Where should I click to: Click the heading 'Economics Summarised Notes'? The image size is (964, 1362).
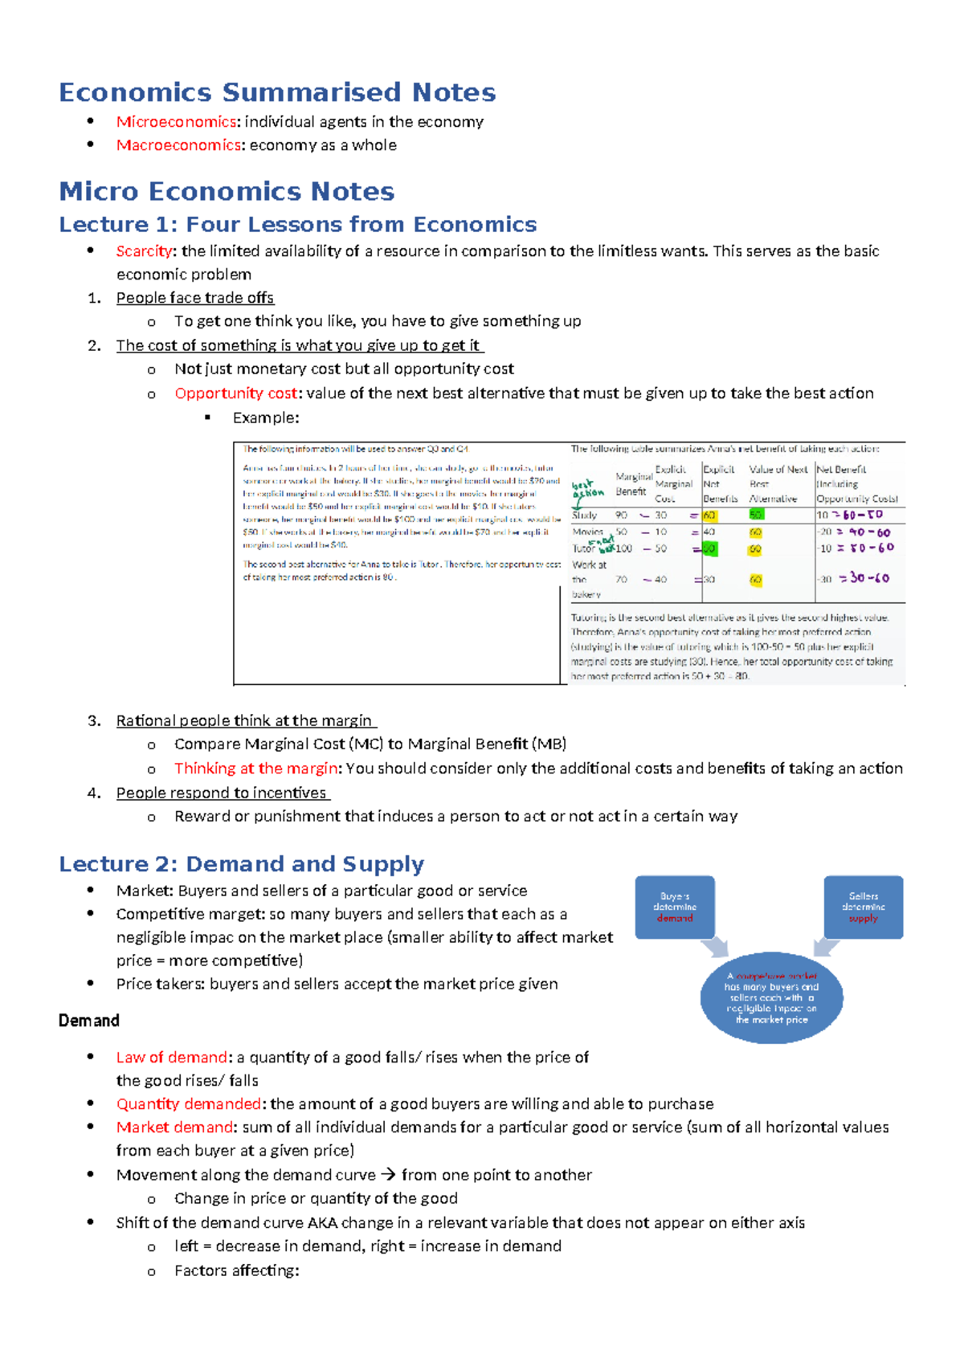(x=277, y=92)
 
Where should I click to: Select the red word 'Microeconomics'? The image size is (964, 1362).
(x=176, y=122)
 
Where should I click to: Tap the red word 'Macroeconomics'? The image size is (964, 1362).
(x=178, y=145)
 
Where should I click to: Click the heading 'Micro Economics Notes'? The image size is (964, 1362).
(x=227, y=191)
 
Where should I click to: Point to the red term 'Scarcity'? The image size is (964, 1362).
(x=144, y=251)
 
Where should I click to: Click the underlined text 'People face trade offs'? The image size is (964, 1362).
(x=195, y=298)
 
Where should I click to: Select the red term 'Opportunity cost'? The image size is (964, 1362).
(x=236, y=394)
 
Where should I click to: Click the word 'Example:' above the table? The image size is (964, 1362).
(x=265, y=418)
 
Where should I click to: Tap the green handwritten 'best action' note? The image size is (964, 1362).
(x=588, y=489)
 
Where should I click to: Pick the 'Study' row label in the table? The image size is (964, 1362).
(x=584, y=516)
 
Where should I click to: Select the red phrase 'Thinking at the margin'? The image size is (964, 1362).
(x=255, y=769)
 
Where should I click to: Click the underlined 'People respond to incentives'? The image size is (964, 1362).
(x=222, y=793)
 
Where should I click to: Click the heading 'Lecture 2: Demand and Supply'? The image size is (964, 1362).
(x=241, y=864)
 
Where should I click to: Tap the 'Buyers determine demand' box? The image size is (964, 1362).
(x=675, y=907)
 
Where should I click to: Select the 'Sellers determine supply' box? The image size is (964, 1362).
(x=864, y=907)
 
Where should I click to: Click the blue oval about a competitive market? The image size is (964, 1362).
(x=771, y=997)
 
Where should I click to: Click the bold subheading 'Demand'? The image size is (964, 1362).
(x=89, y=1021)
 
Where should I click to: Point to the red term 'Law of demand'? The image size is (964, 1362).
(x=172, y=1058)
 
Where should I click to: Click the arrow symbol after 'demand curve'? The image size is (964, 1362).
(x=388, y=1175)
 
